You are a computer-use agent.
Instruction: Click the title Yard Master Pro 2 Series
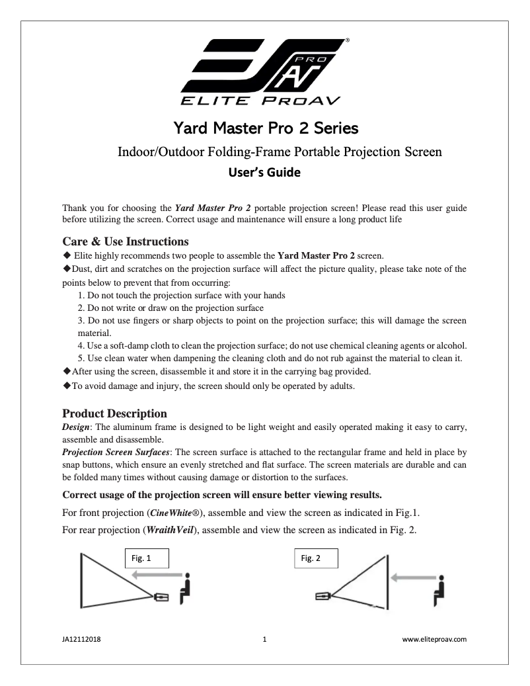[266, 126]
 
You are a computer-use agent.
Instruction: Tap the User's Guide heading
[264, 173]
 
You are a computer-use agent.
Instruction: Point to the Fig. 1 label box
[147, 558]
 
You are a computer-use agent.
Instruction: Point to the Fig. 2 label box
[316, 558]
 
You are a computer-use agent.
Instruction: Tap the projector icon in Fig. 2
[322, 596]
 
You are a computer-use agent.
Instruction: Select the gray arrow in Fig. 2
[410, 577]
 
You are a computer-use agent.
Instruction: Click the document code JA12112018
[81, 640]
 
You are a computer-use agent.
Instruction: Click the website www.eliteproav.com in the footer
[435, 640]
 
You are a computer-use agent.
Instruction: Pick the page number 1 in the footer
[264, 640]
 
